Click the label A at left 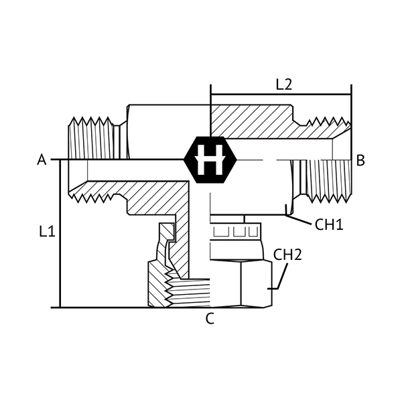42,159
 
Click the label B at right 360,161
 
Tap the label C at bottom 210,319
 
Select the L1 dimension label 47,232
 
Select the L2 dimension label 284,84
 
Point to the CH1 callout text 329,224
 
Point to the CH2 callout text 287,255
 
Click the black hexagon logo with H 210,159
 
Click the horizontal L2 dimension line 281,94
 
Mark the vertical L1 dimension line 60,233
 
